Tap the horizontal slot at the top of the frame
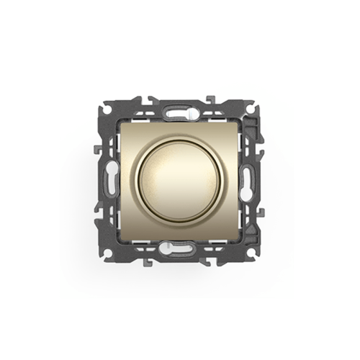coord(180,112)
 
